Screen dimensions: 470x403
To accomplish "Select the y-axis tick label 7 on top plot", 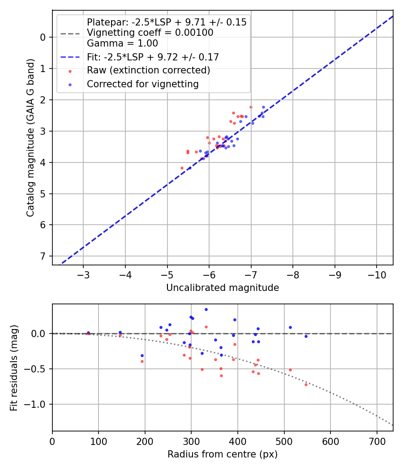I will [43, 256].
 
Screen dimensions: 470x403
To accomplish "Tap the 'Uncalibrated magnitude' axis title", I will [223, 288].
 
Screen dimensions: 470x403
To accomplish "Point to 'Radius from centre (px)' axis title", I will [223, 454].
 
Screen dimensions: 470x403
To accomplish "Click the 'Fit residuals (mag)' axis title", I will [14, 367].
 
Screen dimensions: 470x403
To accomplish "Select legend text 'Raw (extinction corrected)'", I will [148, 70].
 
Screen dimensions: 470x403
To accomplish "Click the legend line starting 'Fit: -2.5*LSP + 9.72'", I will [153, 57].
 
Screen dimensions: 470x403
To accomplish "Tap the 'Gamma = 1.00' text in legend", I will [122, 43].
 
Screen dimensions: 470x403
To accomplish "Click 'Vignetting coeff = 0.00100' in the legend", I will [150, 33].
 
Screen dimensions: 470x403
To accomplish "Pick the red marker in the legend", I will [70, 71].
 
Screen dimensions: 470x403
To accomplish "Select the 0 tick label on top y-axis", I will [43, 37].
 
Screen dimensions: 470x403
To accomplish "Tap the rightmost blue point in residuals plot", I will [306, 336].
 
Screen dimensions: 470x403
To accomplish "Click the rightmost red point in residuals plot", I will [306, 385].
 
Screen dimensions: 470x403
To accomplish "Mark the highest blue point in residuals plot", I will [206, 309].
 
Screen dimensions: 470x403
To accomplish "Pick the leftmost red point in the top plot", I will [182, 168].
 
